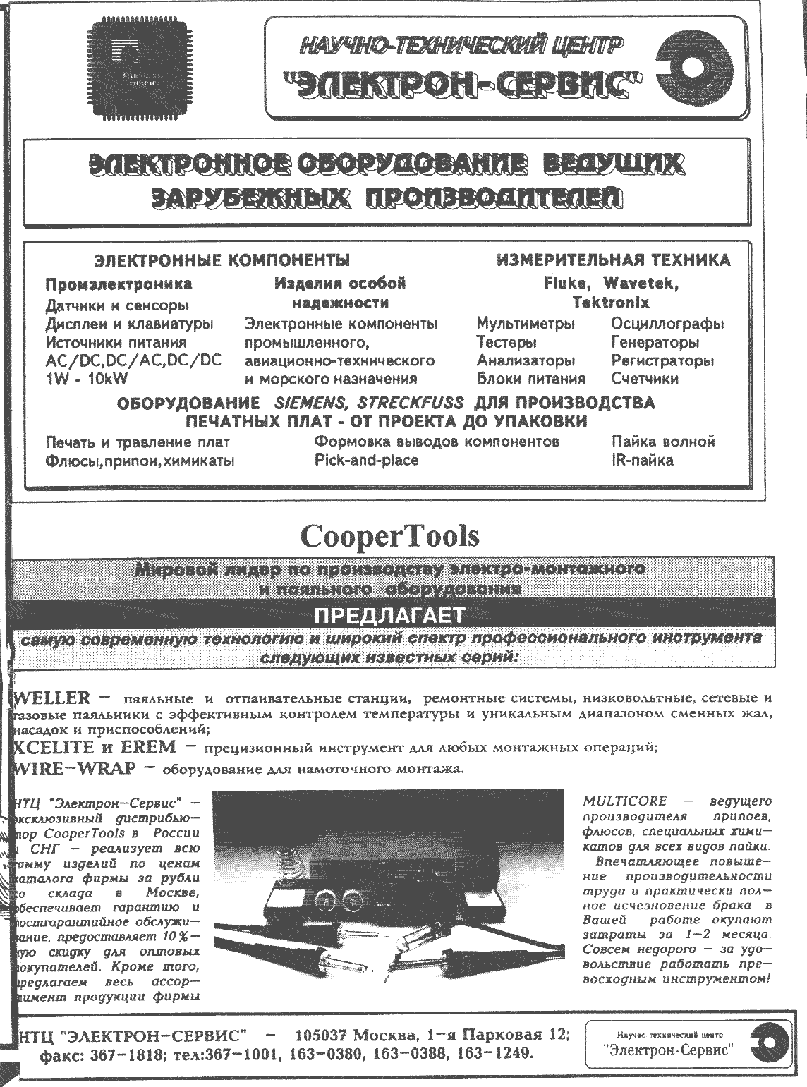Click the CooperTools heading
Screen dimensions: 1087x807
(x=389, y=536)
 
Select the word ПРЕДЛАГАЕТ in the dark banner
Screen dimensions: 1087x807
(x=389, y=616)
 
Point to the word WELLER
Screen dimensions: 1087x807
(x=52, y=698)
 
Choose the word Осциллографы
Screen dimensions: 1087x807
(x=667, y=324)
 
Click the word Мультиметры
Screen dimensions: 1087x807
(x=526, y=324)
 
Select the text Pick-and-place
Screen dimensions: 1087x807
(x=366, y=460)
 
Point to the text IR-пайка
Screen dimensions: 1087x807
(x=642, y=460)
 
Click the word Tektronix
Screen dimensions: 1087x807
(x=611, y=303)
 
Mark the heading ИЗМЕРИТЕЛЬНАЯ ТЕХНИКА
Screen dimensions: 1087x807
(x=612, y=260)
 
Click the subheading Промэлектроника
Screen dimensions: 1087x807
(x=119, y=285)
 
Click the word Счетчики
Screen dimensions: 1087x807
(x=645, y=379)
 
